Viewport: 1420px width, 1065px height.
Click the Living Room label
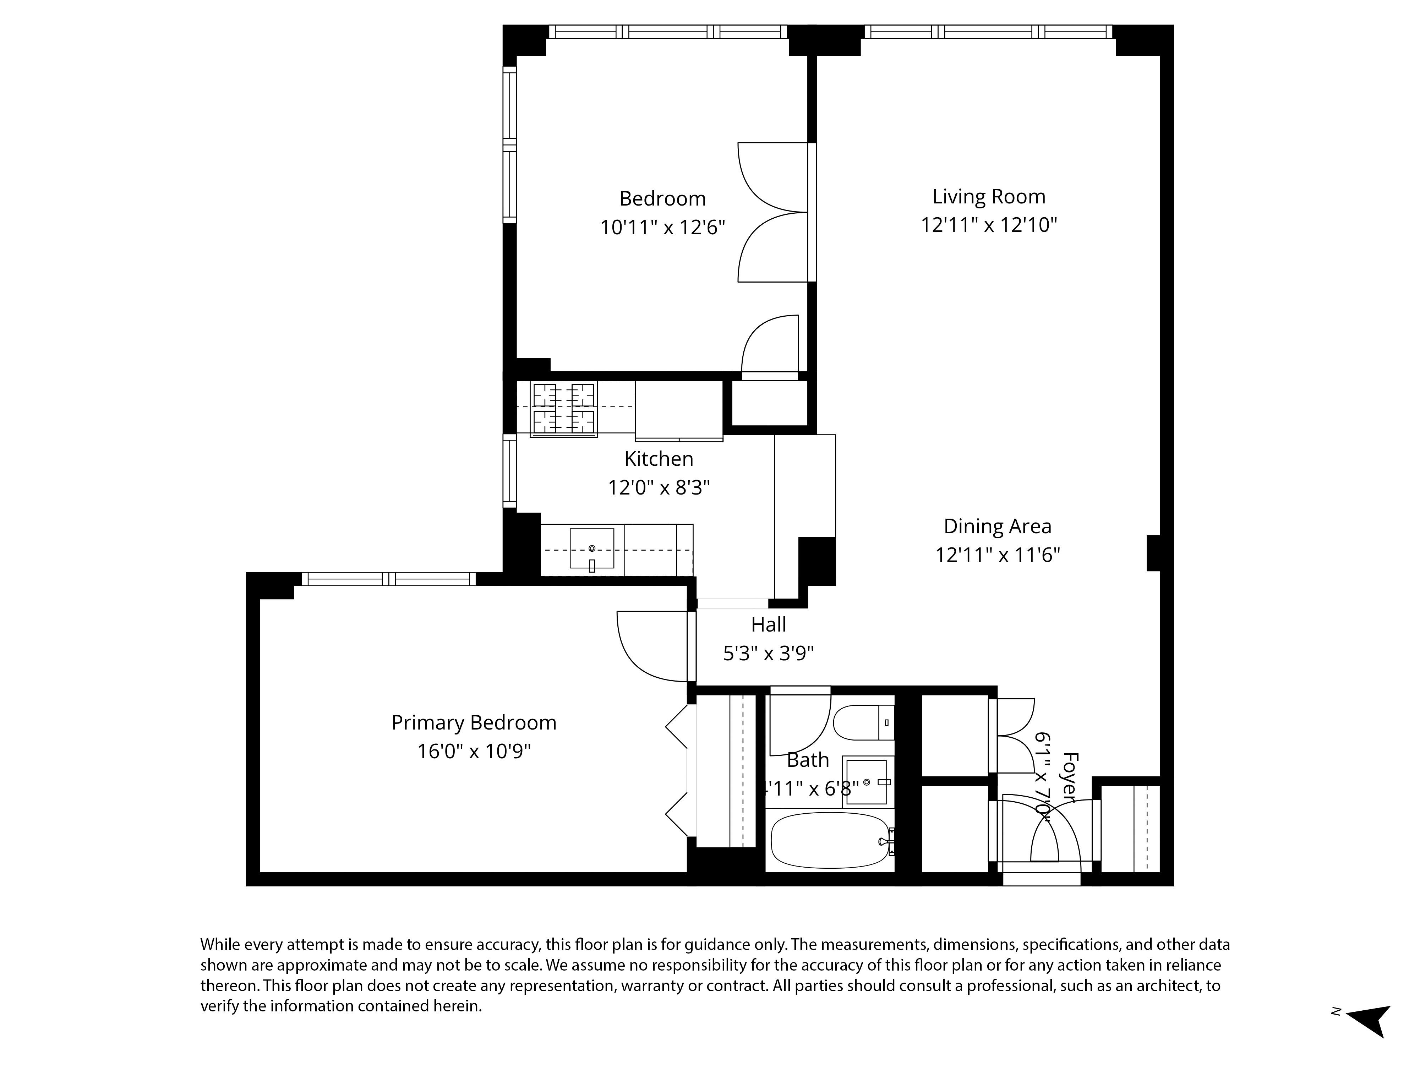[989, 196]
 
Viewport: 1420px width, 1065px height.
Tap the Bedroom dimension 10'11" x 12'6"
[662, 228]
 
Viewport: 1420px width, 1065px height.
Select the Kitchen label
[659, 459]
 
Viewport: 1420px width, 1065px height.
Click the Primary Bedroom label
[474, 723]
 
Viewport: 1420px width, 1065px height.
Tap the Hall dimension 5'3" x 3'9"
[769, 654]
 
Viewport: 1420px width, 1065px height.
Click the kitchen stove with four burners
[564, 409]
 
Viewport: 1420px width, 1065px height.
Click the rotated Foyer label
[1068, 777]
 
